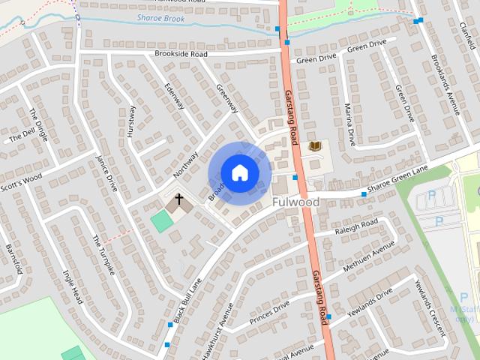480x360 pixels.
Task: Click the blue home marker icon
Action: point(239,172)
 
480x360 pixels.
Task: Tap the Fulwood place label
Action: point(295,202)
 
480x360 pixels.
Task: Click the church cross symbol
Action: point(178,200)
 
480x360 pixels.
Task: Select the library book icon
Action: point(315,145)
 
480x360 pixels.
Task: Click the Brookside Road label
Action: point(181,54)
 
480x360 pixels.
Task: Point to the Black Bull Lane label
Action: point(187,301)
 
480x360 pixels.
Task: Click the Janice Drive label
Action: point(107,173)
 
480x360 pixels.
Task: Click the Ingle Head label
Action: point(73,285)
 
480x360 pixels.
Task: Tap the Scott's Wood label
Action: point(21,182)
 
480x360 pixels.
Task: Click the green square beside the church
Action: point(160,221)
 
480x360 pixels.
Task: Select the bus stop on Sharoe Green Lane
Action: point(364,194)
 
